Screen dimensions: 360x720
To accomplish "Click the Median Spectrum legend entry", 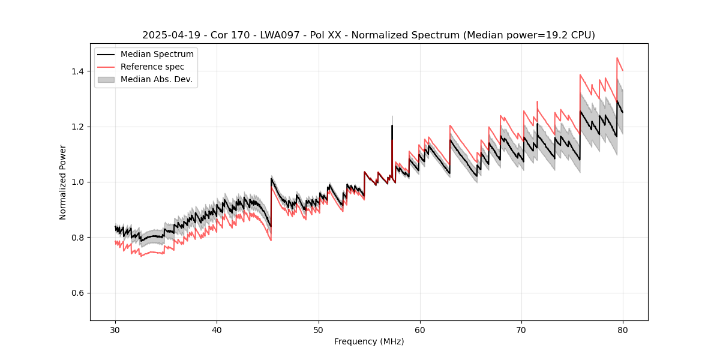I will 157,55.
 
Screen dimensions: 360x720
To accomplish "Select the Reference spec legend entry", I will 152,67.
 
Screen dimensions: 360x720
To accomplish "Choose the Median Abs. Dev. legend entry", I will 156,79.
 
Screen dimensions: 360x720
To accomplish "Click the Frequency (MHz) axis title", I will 369,341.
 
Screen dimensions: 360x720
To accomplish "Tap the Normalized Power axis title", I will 63,182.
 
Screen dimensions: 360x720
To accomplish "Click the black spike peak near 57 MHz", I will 392,125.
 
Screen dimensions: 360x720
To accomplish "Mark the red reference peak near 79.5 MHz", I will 617,58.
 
